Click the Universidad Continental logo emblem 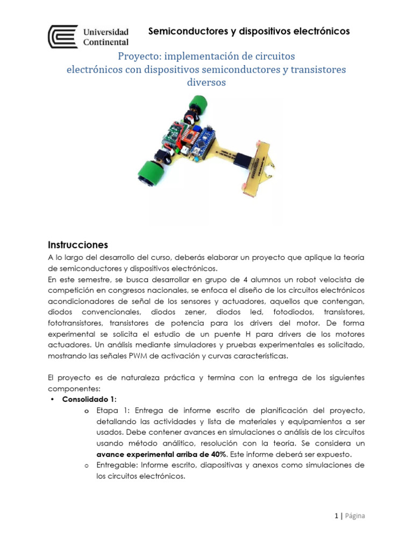[x=63, y=36]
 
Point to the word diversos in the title [x=206, y=82]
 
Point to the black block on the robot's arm [x=243, y=160]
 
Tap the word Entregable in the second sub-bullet [x=116, y=464]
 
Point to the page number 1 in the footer [x=336, y=515]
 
